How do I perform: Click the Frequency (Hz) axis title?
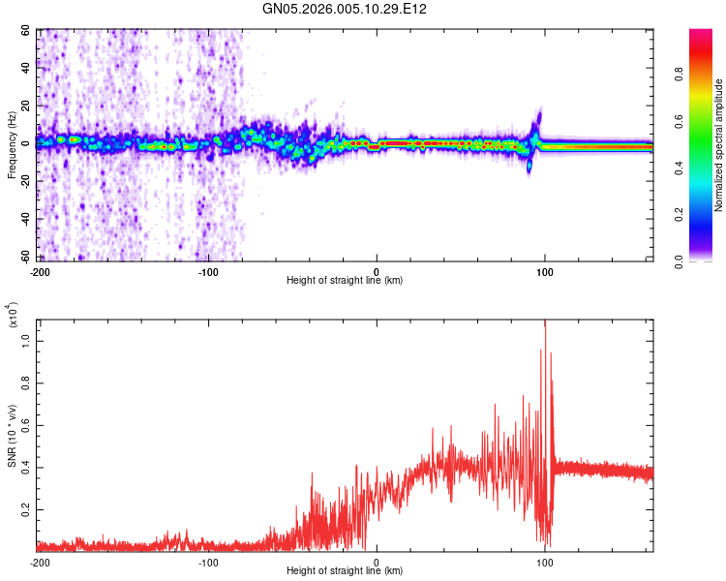[12, 146]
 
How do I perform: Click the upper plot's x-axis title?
[345, 281]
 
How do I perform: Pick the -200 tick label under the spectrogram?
[40, 271]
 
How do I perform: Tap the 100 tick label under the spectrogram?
[545, 271]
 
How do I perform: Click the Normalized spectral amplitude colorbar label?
[719, 146]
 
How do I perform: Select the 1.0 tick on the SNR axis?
[26, 341]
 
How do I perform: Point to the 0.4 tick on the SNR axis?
[26, 466]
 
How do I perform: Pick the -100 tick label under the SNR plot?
[208, 562]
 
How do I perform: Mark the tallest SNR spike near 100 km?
[545, 323]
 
